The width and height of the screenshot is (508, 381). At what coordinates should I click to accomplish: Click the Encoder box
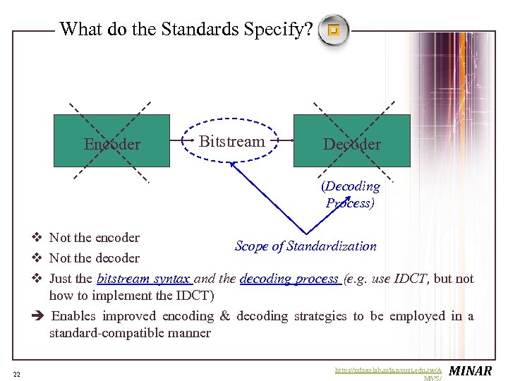pyautogui.click(x=111, y=140)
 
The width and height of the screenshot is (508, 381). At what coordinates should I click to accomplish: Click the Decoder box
pyautogui.click(x=351, y=140)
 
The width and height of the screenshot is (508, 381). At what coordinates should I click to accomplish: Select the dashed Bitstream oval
pyautogui.click(x=231, y=141)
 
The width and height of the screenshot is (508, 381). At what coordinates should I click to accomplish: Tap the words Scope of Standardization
pyautogui.click(x=306, y=246)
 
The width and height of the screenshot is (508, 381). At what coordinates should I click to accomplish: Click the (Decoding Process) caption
pyautogui.click(x=351, y=195)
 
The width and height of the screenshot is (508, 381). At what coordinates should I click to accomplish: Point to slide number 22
pyautogui.click(x=16, y=373)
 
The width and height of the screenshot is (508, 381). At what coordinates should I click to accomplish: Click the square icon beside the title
pyautogui.click(x=334, y=30)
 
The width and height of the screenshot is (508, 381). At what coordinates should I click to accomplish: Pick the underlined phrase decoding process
pyautogui.click(x=289, y=279)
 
